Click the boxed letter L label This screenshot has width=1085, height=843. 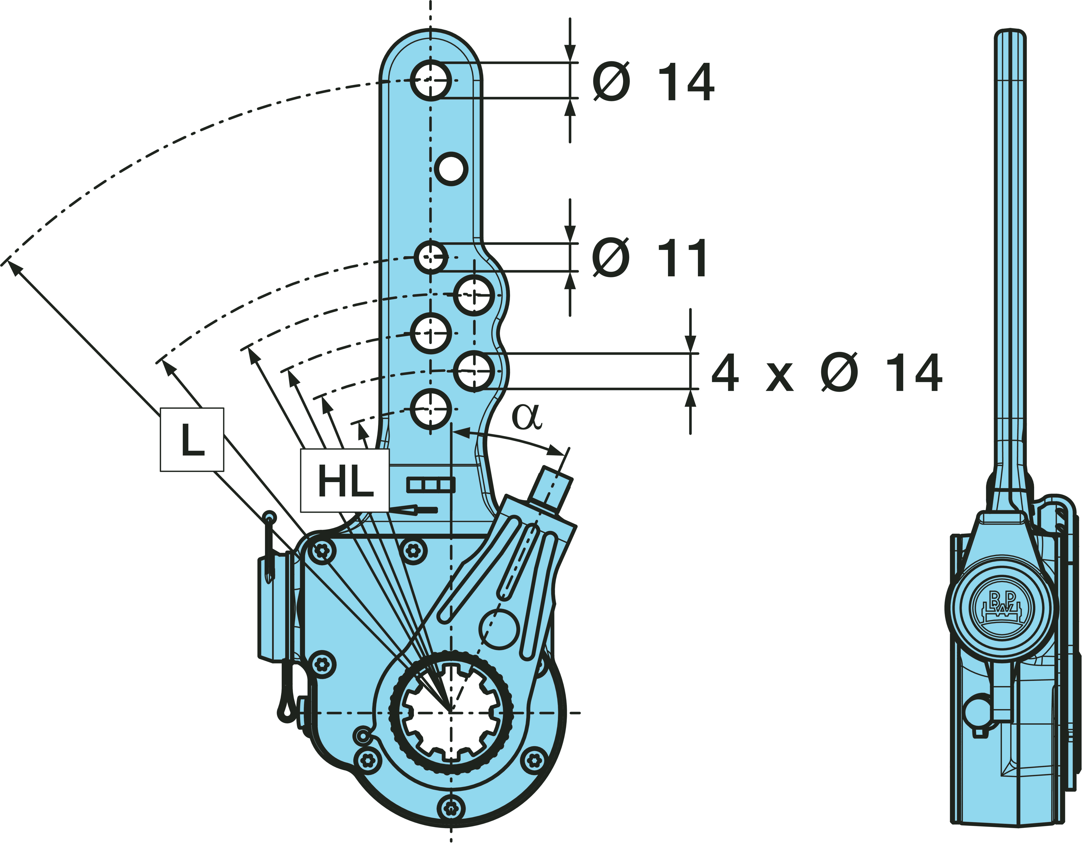[192, 439]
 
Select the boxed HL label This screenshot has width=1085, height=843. [345, 480]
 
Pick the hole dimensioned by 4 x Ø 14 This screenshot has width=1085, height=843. [474, 371]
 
